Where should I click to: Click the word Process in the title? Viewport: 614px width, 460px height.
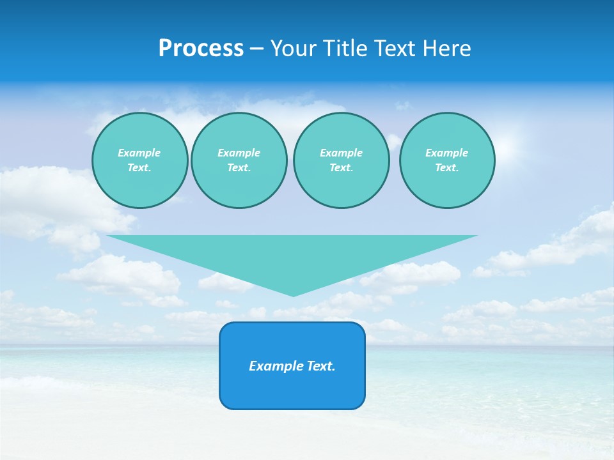pos(201,49)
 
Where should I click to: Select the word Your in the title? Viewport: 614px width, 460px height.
pos(292,49)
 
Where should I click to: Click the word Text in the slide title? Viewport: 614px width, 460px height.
pos(395,49)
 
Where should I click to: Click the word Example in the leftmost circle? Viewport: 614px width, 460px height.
pos(139,153)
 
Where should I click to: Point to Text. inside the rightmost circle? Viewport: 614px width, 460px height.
pos(447,167)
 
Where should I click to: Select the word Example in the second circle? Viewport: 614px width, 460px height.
pos(239,153)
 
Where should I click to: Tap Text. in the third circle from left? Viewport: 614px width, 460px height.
pos(341,167)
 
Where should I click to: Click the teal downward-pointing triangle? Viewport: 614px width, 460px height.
pos(292,256)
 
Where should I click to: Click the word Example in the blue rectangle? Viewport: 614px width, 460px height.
pos(274,366)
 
